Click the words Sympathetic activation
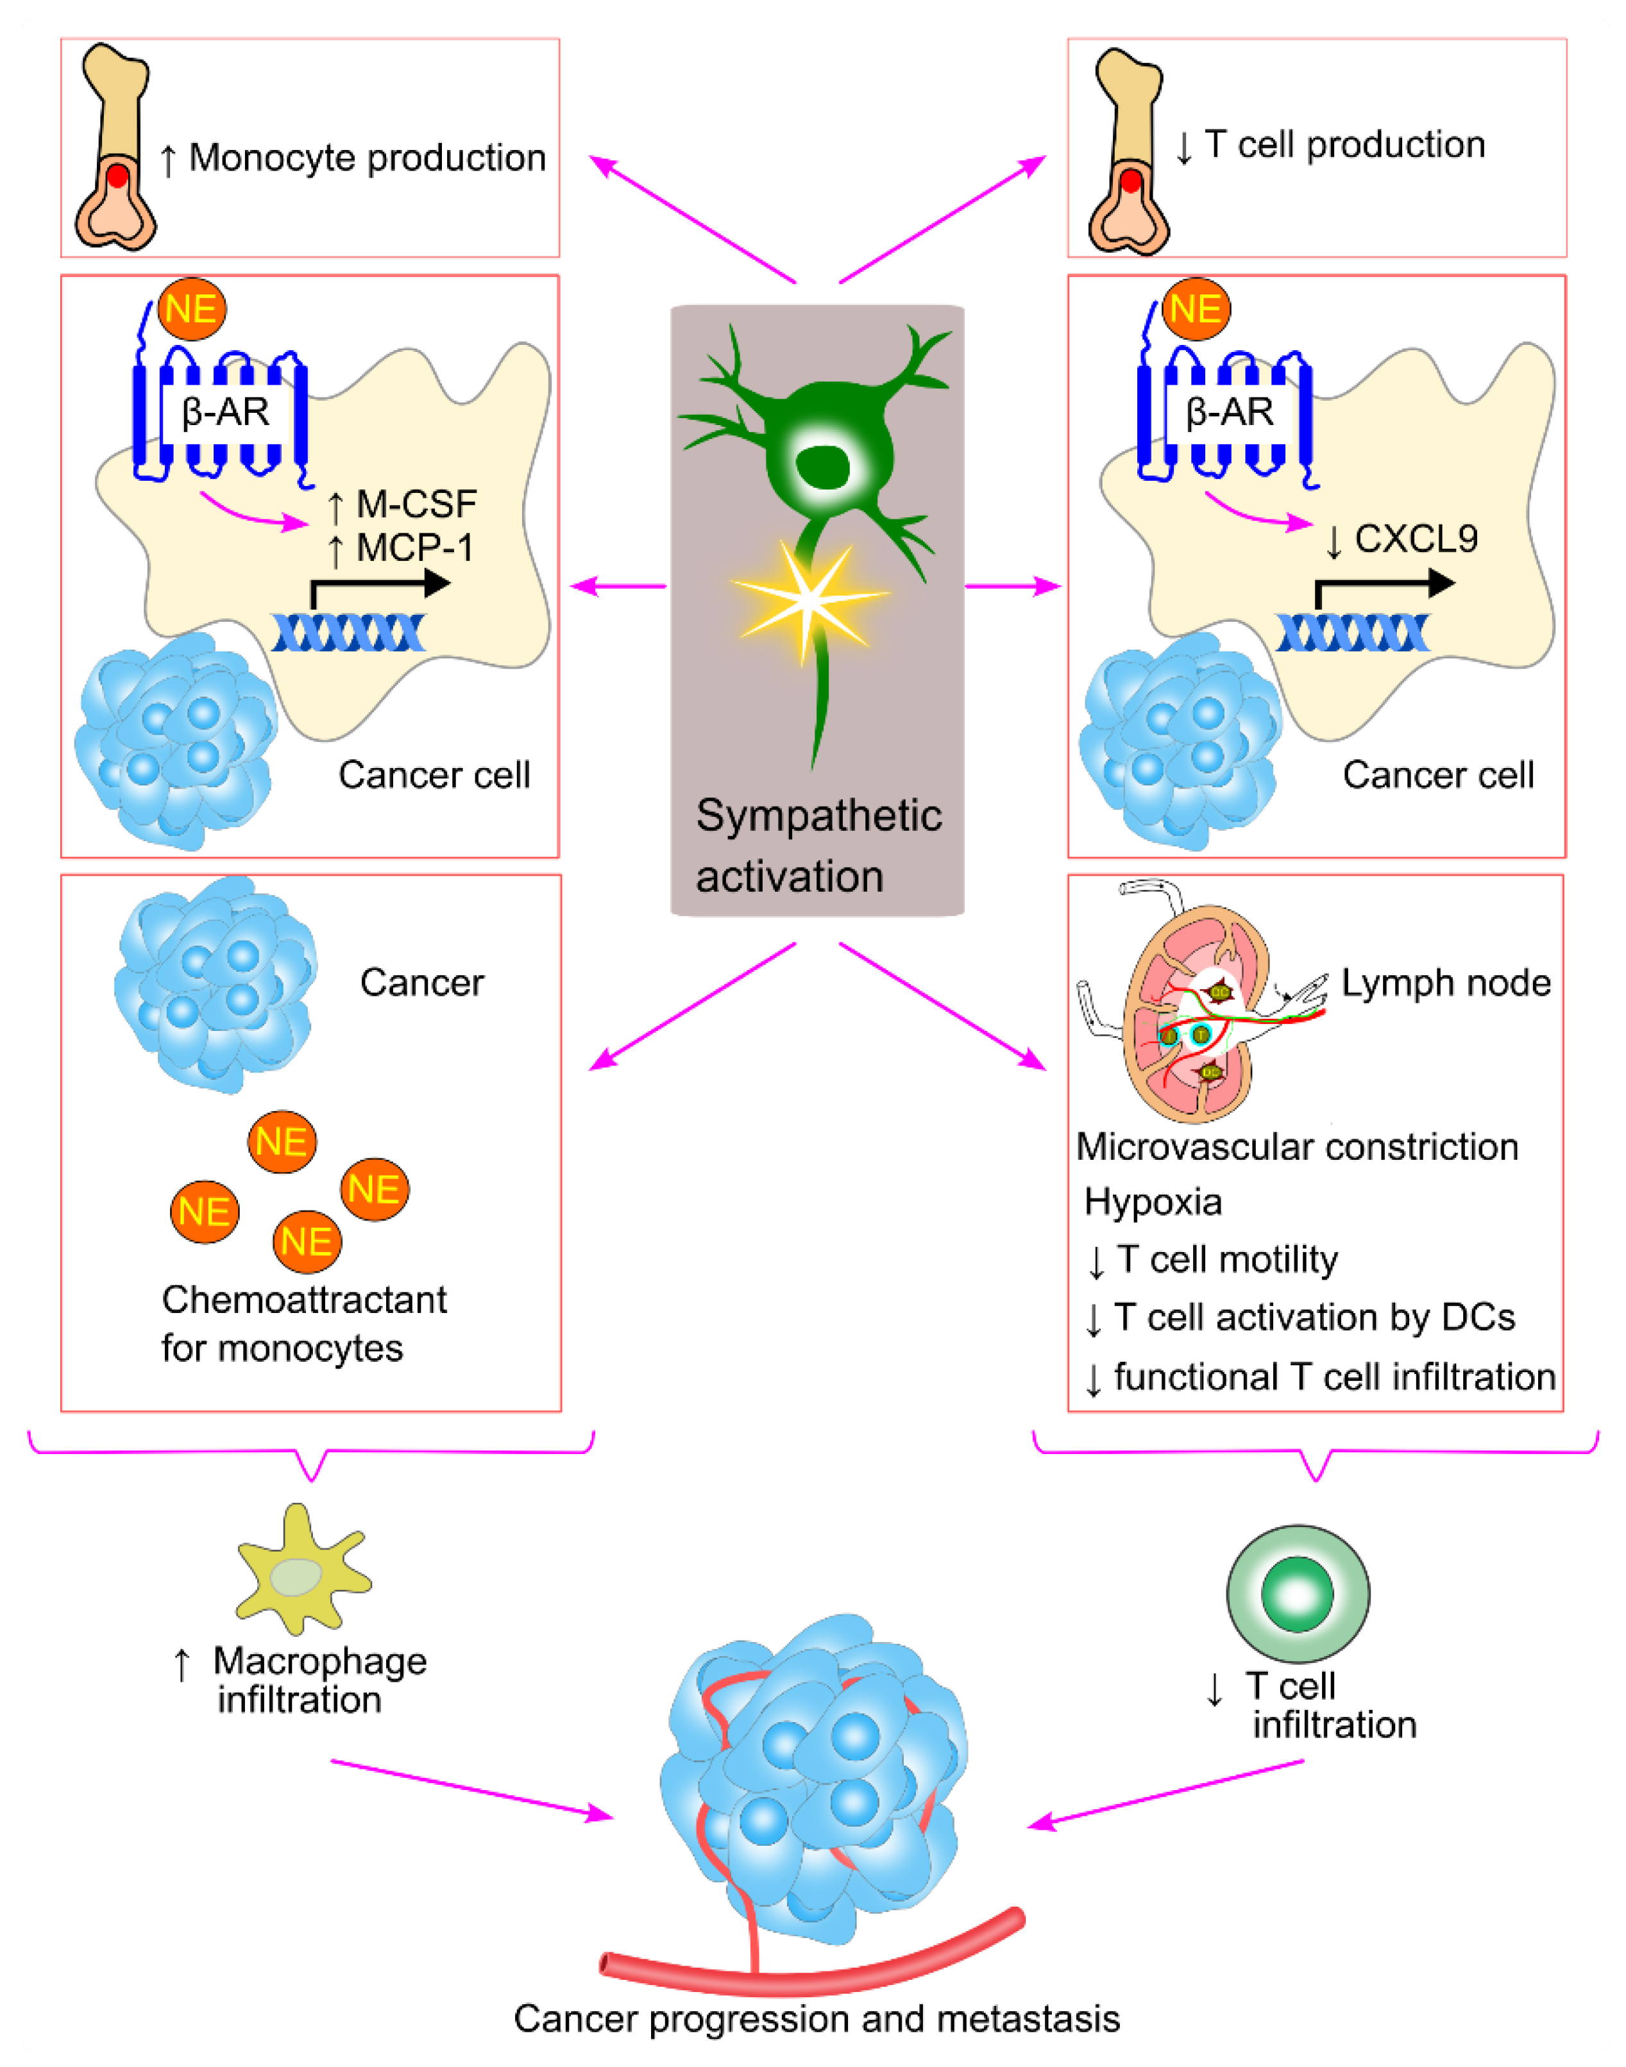click(x=817, y=845)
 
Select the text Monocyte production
click(x=366, y=158)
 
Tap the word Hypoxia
click(x=1152, y=1202)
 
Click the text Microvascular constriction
click(x=1296, y=1147)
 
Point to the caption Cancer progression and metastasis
click(x=817, y=2018)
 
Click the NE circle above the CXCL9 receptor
click(x=1196, y=309)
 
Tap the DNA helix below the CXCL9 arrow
click(x=1352, y=633)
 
